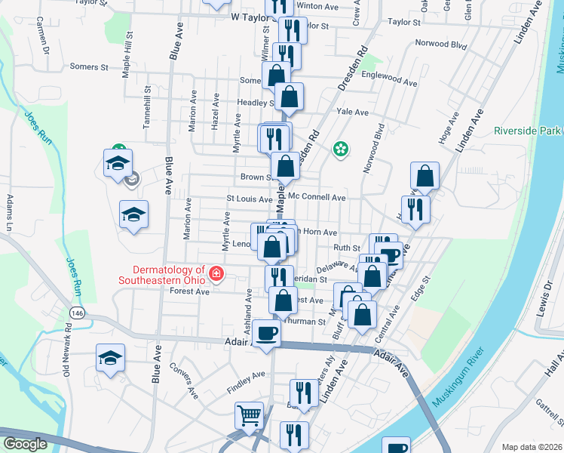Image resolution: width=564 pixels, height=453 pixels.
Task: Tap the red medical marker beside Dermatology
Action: click(216, 273)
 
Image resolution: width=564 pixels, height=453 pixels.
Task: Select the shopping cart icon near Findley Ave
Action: click(249, 414)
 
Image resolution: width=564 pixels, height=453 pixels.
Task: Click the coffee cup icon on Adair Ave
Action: click(267, 332)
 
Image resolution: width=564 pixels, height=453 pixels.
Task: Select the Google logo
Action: click(25, 444)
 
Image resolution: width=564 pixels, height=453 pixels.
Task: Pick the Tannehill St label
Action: click(148, 109)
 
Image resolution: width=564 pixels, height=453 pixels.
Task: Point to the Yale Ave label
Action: click(352, 112)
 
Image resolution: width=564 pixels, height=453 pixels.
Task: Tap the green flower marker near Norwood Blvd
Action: click(341, 149)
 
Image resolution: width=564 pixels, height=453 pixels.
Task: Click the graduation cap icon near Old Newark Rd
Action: click(110, 358)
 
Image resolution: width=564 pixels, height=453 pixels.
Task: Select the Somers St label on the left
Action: click(89, 66)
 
